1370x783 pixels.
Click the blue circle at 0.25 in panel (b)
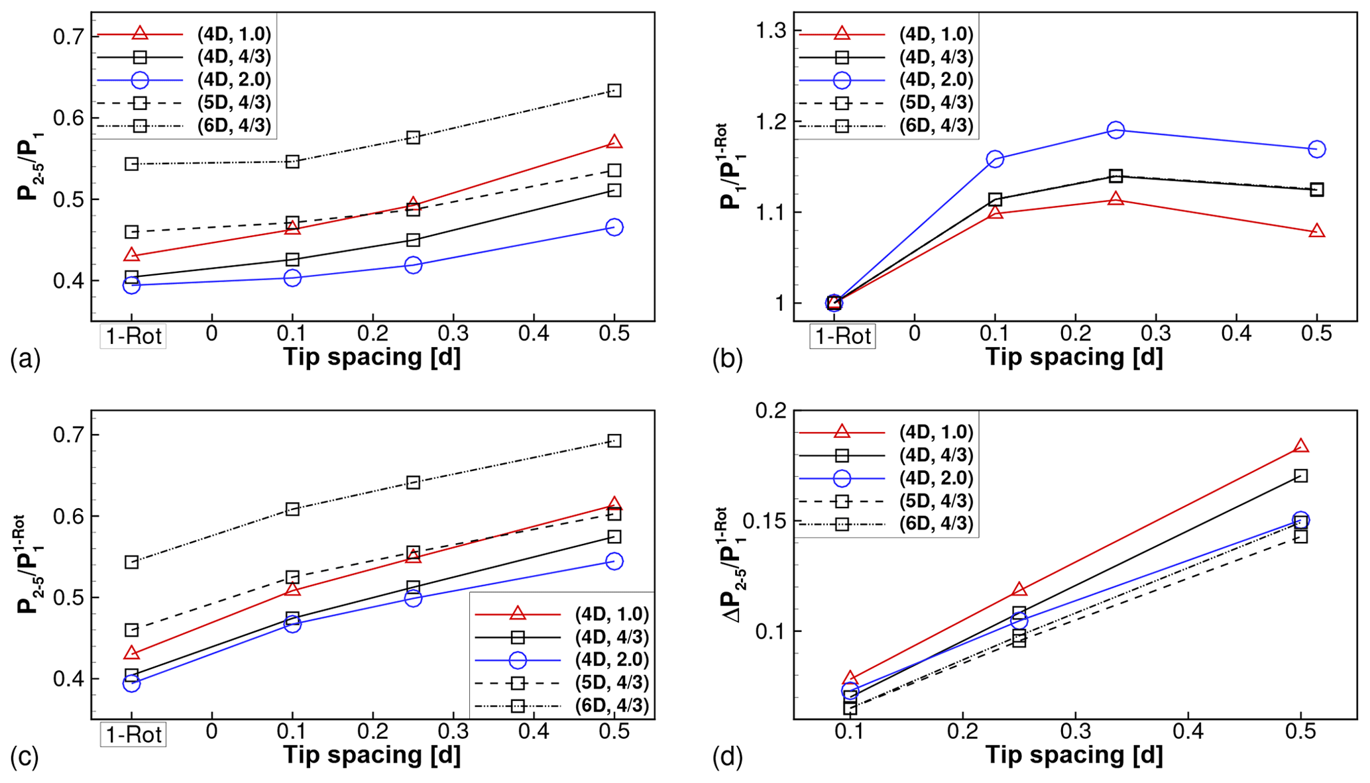click(x=1116, y=130)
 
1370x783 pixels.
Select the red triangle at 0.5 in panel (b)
click(x=1317, y=231)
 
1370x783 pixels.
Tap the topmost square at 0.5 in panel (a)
click(x=614, y=90)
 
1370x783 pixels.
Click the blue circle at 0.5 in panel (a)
click(x=614, y=227)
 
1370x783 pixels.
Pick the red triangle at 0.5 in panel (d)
click(x=1301, y=446)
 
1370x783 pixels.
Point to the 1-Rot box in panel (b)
click(x=842, y=336)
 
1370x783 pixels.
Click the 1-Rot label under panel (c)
click(x=133, y=734)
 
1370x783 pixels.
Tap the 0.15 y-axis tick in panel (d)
click(x=764, y=521)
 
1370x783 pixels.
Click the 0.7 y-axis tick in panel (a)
click(x=68, y=36)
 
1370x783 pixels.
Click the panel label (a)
click(x=25, y=359)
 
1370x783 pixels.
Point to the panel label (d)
click(x=728, y=757)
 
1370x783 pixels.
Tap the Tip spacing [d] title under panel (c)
click(x=372, y=755)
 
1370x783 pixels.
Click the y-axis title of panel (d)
click(x=734, y=565)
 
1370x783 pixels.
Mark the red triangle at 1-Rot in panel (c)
click(x=132, y=653)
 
